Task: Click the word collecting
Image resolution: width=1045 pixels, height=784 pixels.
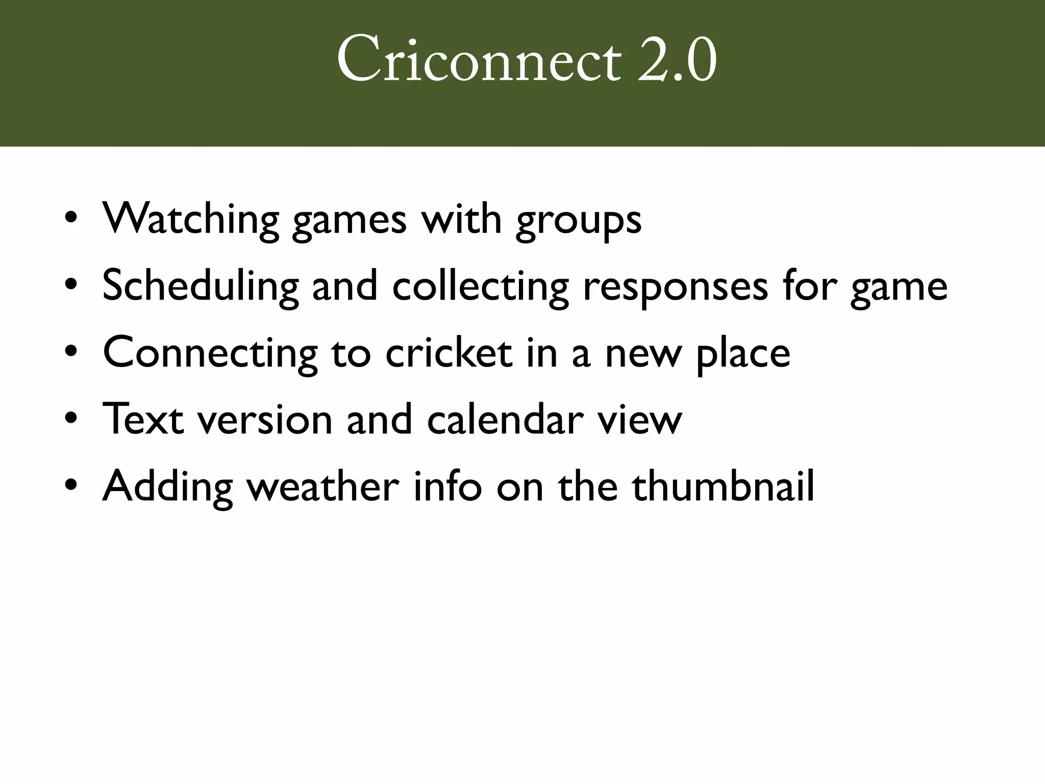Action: [480, 287]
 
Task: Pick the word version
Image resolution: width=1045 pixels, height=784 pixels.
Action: [265, 420]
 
